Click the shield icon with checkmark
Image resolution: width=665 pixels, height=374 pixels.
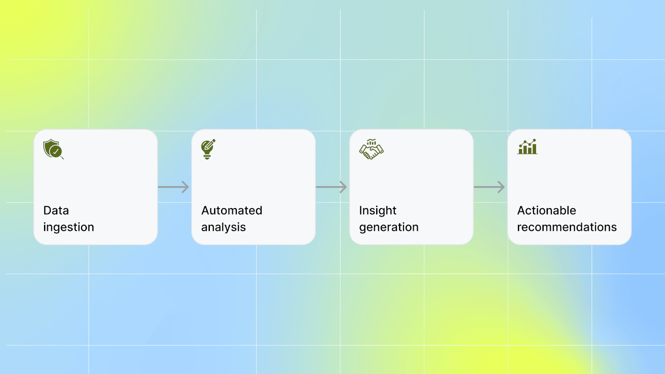53,149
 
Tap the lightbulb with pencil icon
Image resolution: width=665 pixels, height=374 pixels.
208,149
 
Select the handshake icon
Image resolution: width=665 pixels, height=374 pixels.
371,149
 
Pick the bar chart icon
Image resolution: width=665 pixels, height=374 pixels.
527,147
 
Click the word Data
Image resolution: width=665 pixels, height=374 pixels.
56,210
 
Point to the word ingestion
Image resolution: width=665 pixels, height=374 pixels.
69,227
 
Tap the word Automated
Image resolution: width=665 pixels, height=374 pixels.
232,210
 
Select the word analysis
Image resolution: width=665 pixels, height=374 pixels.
224,227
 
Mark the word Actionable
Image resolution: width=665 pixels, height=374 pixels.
547,210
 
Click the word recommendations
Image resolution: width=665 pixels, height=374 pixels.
567,227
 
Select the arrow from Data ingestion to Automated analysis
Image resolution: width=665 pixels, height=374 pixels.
173,187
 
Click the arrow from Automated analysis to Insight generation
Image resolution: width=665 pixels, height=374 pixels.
331,187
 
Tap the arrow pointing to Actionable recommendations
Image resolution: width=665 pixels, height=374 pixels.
489,187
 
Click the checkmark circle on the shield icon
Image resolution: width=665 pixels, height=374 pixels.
56,151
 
